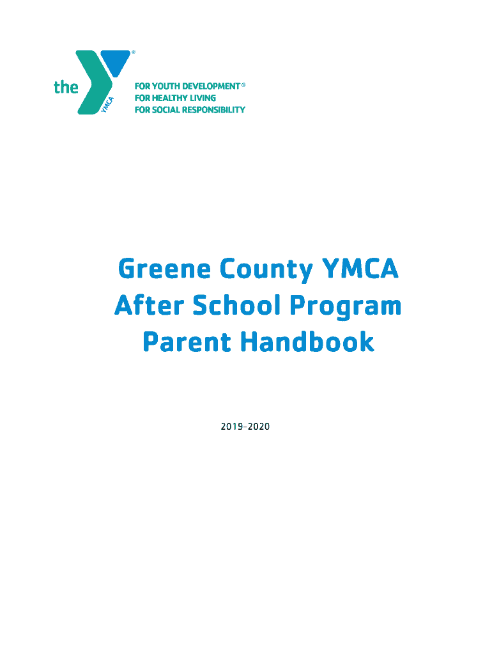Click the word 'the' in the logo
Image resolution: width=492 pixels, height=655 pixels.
click(x=66, y=87)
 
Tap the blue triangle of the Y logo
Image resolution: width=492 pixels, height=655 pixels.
click(x=115, y=61)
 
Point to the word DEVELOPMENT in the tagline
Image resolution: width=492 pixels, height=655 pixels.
click(x=211, y=86)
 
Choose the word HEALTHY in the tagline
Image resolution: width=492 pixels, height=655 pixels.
click(x=169, y=98)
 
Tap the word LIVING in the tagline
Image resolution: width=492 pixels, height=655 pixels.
click(x=204, y=98)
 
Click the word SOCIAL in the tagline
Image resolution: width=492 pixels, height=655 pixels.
click(x=166, y=110)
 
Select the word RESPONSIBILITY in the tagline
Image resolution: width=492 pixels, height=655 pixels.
click(x=215, y=110)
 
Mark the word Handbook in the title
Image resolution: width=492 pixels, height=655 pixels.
click(x=307, y=342)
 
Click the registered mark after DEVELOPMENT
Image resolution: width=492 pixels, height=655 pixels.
click(x=243, y=84)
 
